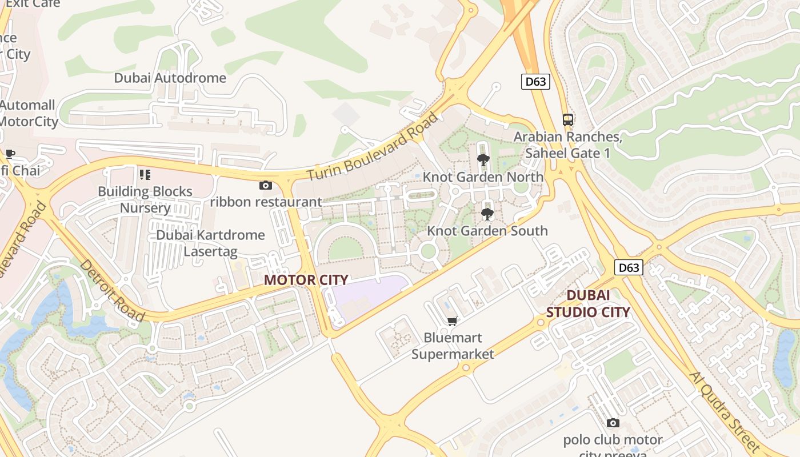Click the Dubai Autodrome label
170,78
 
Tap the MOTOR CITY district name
306,280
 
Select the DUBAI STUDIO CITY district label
588,303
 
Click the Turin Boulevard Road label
374,147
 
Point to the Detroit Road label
111,290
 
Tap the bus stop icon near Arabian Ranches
567,120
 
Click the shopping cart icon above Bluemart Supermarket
453,321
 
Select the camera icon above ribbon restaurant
266,185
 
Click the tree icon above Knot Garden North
483,159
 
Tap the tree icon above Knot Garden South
487,214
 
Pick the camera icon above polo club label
613,423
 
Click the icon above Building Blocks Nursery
145,174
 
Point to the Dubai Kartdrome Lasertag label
210,243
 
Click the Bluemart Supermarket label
453,346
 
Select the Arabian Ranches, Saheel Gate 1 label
567,145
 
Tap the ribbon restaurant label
266,202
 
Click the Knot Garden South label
487,231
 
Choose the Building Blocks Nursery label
145,199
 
